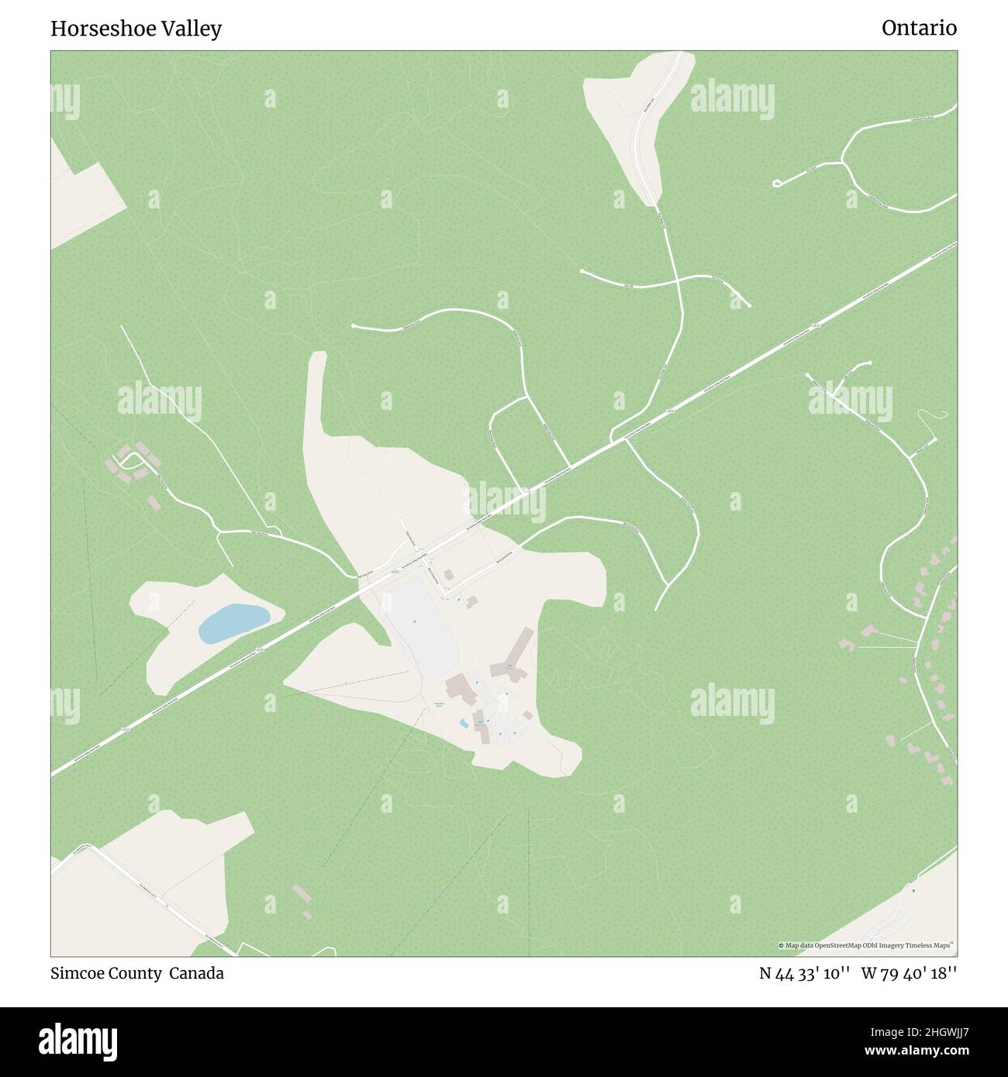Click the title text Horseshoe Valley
(x=136, y=29)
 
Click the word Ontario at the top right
(x=919, y=29)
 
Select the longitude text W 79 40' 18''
(x=908, y=974)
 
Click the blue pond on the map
(x=233, y=623)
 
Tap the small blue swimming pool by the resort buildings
(x=464, y=724)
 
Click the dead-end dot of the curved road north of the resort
(x=354, y=327)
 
